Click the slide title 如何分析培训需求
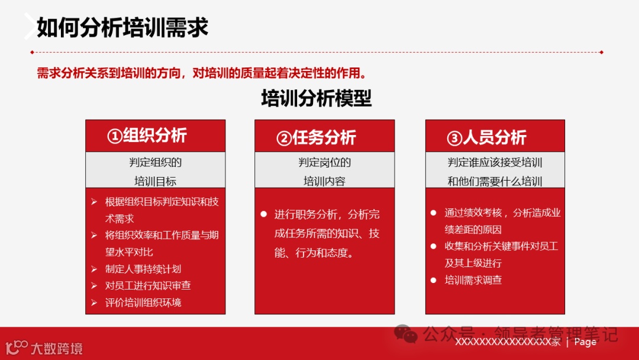122,27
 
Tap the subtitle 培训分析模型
317,98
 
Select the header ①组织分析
147,136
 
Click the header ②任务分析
316,137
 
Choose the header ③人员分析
486,138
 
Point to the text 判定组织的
155,162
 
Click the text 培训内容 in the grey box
324,181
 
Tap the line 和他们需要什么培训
495,181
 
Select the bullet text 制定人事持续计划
143,269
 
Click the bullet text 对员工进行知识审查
148,285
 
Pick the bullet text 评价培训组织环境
143,303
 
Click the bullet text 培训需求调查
473,280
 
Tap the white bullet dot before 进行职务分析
264,214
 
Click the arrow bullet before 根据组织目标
94,202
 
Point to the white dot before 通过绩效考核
434,213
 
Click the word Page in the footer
585,342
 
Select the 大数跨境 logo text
56,348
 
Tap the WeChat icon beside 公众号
406,334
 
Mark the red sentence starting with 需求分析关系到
201,73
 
